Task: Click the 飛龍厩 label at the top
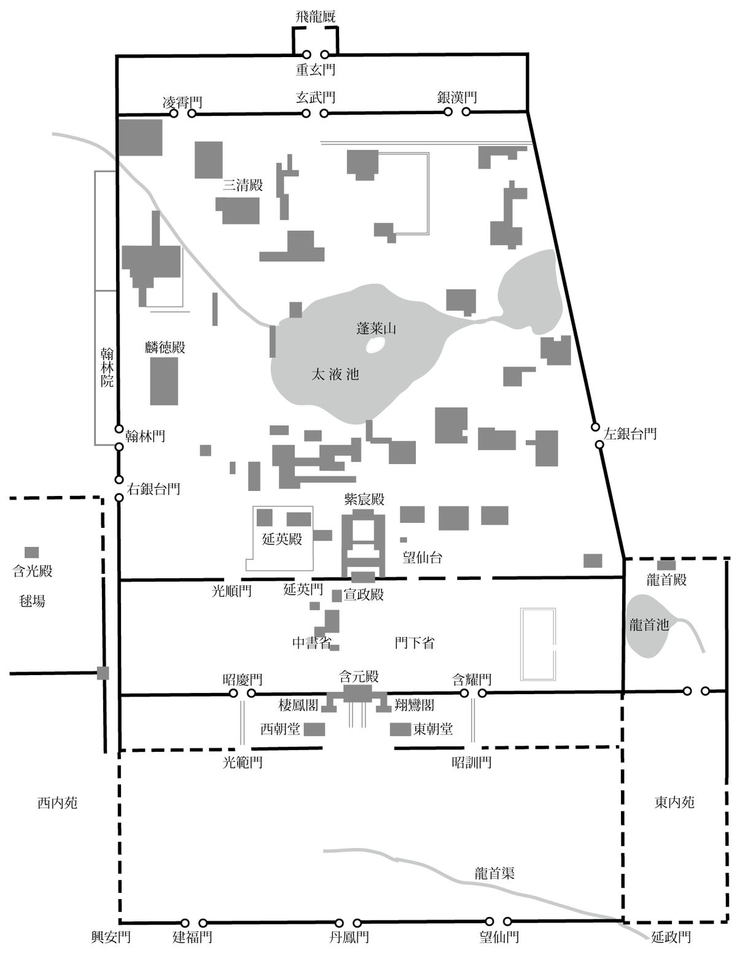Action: click(x=315, y=17)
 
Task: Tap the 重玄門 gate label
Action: click(x=315, y=69)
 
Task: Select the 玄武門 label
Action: click(x=315, y=97)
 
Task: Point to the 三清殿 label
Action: click(x=243, y=185)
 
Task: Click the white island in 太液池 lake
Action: click(x=375, y=346)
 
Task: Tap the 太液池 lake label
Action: click(x=335, y=374)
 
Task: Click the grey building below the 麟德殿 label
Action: click(x=164, y=381)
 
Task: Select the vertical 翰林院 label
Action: click(x=107, y=368)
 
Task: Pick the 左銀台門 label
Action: click(x=630, y=434)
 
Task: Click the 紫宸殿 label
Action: click(x=364, y=499)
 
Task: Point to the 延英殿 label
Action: click(x=282, y=539)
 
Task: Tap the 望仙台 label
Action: click(x=422, y=558)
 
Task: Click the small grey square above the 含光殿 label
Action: click(x=32, y=552)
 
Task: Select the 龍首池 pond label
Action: click(x=649, y=625)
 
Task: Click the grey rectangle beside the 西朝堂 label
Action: click(x=314, y=730)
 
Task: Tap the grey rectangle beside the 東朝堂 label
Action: click(x=400, y=730)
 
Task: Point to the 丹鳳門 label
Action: click(x=349, y=937)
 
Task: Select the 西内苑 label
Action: click(x=58, y=803)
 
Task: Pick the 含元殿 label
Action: click(x=359, y=676)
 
